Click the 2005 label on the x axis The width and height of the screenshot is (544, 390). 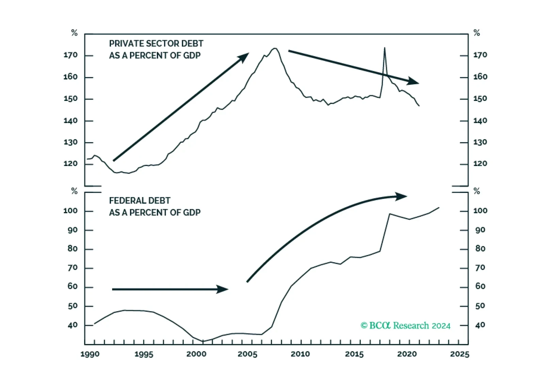[x=247, y=354]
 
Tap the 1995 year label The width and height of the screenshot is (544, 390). [x=144, y=354]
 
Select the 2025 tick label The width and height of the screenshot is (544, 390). [x=460, y=354]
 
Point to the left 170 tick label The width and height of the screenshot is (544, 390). [x=70, y=55]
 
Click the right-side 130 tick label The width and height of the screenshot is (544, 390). [x=480, y=142]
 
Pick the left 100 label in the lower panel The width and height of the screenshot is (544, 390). [x=70, y=211]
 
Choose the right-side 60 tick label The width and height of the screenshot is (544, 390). [x=480, y=286]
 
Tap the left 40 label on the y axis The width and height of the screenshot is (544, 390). [x=73, y=325]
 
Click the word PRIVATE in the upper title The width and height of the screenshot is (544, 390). [x=125, y=44]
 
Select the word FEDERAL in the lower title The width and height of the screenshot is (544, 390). [x=125, y=200]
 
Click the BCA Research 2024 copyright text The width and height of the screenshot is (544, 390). [x=405, y=325]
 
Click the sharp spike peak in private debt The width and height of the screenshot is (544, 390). [x=384, y=48]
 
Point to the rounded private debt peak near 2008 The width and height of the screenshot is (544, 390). [x=275, y=48]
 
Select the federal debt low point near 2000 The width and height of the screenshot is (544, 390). [x=203, y=341]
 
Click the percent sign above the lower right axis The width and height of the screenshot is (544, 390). [x=477, y=191]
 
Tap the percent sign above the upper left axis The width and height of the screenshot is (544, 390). [x=74, y=33]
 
